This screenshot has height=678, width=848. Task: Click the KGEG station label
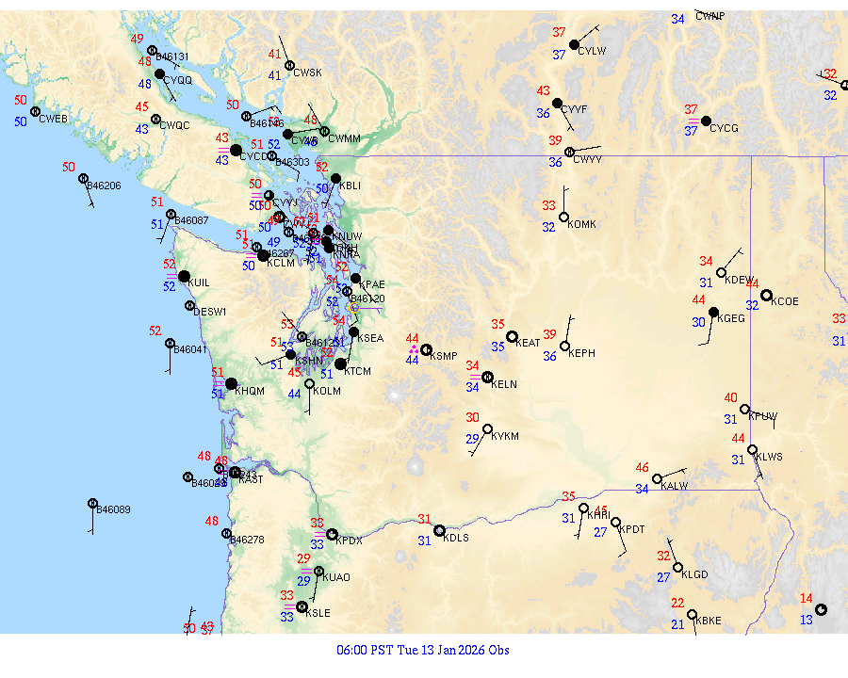point(731,319)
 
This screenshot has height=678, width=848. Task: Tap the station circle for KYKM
point(487,429)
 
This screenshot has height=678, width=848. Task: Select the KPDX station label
point(349,541)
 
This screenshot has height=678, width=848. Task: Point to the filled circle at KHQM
point(231,383)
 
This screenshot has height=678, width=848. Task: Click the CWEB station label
point(54,119)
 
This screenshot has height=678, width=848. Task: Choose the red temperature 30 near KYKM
point(472,417)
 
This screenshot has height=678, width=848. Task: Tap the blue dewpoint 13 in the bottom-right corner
point(807,620)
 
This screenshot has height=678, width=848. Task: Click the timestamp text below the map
point(423,650)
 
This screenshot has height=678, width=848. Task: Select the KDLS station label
point(456,539)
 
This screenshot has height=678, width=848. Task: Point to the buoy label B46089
point(114,510)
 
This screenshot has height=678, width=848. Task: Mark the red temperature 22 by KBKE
point(677,603)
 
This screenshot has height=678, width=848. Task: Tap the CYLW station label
point(592,51)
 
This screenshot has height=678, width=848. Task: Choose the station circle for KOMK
point(563,218)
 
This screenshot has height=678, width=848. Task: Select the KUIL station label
point(199,282)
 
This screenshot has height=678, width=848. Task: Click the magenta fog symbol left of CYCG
point(693,121)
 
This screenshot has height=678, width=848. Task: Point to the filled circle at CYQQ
point(159,73)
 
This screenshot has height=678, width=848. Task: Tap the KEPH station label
point(582,353)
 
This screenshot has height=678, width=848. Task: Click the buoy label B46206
point(104,186)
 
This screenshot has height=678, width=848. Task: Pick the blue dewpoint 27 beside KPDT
point(600,532)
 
